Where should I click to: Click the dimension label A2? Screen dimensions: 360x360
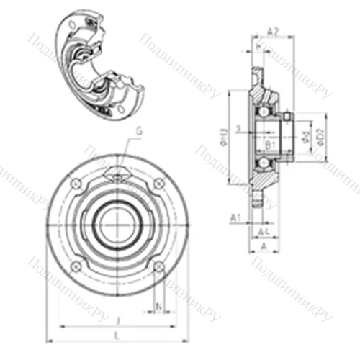[273, 31]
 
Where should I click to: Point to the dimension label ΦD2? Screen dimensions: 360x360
[322, 135]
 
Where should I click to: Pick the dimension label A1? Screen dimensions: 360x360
[235, 216]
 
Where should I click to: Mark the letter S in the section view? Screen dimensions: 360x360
[258, 130]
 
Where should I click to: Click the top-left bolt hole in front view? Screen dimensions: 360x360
[76, 185]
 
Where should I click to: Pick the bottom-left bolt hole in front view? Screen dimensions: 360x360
[76, 267]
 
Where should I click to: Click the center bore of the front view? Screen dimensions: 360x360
[117, 225]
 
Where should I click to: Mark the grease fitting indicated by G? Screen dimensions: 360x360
[117, 171]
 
